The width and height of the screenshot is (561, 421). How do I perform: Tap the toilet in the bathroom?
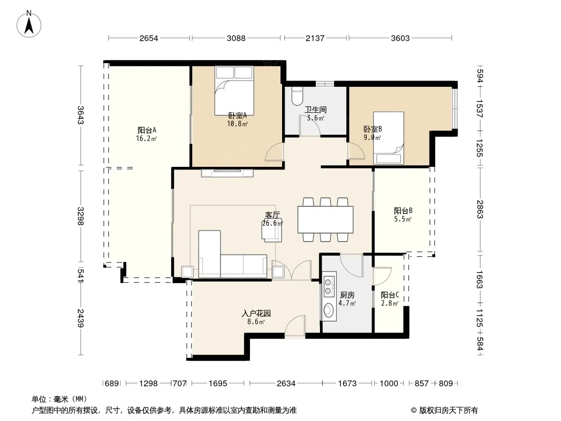(297, 96)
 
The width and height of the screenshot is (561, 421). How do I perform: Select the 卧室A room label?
(237, 116)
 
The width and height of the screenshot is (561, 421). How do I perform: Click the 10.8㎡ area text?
(237, 124)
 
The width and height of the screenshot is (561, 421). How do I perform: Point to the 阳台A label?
(147, 130)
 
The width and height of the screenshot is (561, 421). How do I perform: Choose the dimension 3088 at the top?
(236, 38)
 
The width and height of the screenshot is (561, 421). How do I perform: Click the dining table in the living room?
(325, 219)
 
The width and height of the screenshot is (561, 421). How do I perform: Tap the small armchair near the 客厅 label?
(272, 230)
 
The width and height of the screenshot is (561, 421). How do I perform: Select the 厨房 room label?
(347, 295)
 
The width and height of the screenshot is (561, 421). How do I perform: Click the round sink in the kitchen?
(328, 310)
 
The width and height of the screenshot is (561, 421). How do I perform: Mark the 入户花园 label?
(256, 314)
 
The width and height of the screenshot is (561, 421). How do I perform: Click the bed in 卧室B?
(388, 138)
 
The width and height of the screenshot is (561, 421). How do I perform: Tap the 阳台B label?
(403, 210)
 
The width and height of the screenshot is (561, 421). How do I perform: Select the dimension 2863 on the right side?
(480, 209)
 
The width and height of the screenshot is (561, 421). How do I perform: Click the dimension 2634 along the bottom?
(286, 384)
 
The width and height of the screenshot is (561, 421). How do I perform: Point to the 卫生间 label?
(316, 109)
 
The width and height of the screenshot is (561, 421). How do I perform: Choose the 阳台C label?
(389, 295)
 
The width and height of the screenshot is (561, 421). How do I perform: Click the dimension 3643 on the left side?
(81, 115)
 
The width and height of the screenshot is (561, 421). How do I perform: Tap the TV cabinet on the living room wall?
(227, 173)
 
